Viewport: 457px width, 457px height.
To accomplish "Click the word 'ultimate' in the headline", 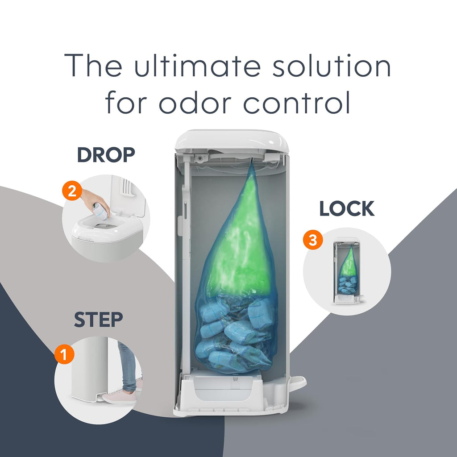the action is point(197,65).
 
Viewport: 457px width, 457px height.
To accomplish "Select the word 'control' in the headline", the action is point(296,102).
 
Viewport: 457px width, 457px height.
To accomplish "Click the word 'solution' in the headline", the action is point(332,65).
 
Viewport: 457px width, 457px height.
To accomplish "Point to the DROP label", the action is point(106,155).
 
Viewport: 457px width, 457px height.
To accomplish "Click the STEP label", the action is point(99,320).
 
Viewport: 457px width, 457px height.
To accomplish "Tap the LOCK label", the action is point(347,209).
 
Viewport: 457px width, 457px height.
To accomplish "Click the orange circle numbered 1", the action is point(64,354).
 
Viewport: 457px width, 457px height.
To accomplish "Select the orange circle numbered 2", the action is point(72,191).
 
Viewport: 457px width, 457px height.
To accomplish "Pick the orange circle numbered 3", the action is point(313,240).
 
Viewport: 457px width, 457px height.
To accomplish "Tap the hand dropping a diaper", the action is point(95,201).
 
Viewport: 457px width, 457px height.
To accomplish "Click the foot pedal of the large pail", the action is point(298,382).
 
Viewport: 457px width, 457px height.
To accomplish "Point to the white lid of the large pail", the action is point(232,141).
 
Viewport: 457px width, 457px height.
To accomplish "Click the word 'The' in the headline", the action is point(93,65).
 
